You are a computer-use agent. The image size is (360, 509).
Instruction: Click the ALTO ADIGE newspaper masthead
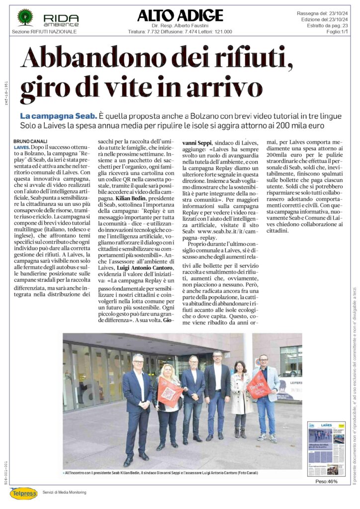[180, 15]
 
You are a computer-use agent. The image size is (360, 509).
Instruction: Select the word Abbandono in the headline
[84, 59]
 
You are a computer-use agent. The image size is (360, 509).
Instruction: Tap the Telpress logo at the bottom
[23, 493]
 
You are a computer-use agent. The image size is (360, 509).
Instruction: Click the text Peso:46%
[326, 482]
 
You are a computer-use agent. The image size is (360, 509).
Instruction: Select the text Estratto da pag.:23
[327, 25]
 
